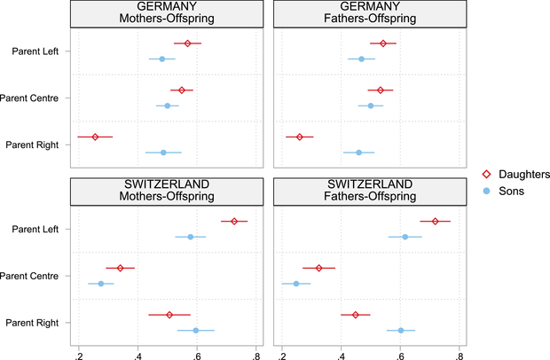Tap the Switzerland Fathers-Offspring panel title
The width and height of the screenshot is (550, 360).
[x=371, y=191]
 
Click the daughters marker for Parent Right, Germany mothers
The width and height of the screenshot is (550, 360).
[x=95, y=137]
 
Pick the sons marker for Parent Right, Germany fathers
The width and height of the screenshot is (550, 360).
[x=359, y=153]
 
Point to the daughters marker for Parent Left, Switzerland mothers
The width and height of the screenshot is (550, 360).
[x=234, y=221]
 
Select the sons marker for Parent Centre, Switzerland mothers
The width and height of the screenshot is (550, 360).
[x=101, y=284]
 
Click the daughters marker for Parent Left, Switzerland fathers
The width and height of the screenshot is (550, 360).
[x=435, y=221]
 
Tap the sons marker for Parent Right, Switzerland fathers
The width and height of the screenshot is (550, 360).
[x=401, y=331]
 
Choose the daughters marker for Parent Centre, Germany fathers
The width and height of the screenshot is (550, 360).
[x=381, y=90]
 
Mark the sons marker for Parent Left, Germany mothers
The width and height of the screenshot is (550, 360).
[x=162, y=59]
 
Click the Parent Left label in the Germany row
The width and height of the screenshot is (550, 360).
[x=35, y=51]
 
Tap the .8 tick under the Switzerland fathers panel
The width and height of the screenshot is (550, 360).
[x=460, y=352]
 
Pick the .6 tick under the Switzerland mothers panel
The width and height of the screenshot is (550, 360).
[x=197, y=352]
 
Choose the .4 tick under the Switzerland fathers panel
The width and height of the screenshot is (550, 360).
[x=342, y=352]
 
